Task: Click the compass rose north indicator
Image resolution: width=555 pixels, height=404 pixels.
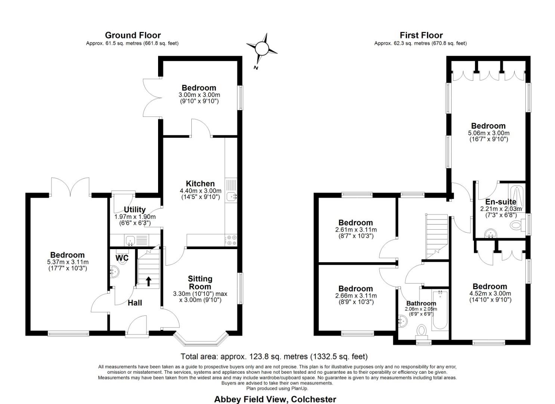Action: click(x=262, y=49)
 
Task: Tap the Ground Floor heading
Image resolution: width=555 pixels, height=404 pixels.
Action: click(x=133, y=35)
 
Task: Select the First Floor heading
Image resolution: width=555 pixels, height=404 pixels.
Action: click(x=421, y=35)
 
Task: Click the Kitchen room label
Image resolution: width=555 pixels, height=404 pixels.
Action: click(x=200, y=184)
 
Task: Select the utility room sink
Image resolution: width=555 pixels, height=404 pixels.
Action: click(x=130, y=240)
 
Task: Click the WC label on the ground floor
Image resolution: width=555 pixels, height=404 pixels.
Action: click(x=122, y=258)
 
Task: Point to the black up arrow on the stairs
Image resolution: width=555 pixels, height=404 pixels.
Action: click(x=148, y=281)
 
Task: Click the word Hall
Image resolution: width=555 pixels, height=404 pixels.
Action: click(x=135, y=303)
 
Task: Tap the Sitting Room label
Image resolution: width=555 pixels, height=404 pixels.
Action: click(x=200, y=283)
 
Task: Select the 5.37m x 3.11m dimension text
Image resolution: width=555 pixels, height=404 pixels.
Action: click(x=68, y=262)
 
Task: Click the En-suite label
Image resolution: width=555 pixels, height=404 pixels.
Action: click(x=500, y=202)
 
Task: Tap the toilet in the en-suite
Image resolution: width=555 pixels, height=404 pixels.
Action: click(x=516, y=225)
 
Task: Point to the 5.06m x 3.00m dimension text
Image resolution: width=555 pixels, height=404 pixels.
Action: click(x=488, y=133)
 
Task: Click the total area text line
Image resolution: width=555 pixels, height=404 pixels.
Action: click(x=274, y=356)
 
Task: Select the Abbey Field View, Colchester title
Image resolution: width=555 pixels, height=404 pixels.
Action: click(x=275, y=399)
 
